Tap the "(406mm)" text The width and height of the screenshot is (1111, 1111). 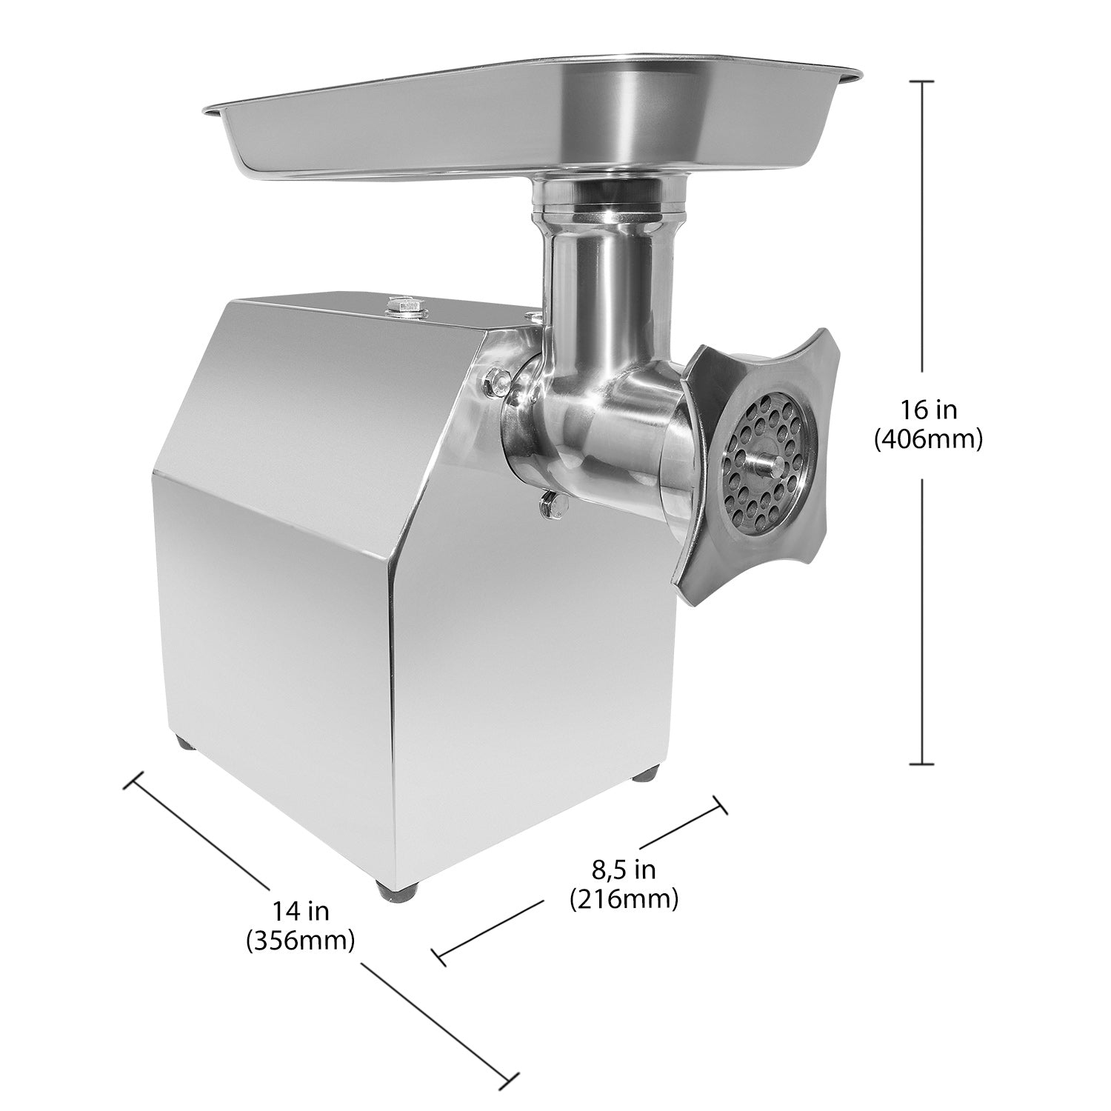(x=928, y=439)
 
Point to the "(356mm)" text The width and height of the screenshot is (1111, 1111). (x=300, y=940)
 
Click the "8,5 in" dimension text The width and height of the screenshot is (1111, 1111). (x=624, y=868)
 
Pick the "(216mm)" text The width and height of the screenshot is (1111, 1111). (x=624, y=899)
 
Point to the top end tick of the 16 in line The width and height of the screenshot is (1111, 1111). (x=921, y=82)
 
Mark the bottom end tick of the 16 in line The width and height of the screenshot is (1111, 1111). (x=921, y=764)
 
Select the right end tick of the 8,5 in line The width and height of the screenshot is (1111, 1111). (x=718, y=805)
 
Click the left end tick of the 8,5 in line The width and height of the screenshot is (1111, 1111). (x=438, y=955)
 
